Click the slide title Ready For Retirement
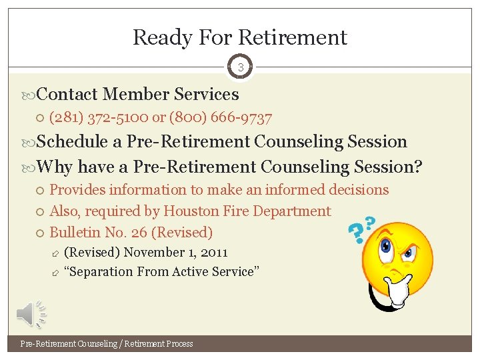pos(240,37)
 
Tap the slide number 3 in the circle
pos(240,67)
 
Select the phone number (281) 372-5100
pos(99,118)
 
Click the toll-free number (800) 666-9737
pos(221,118)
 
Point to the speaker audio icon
pos(31,314)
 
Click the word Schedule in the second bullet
pos(73,142)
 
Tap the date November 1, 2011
pos(175,253)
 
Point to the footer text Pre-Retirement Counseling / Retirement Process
pos(107,344)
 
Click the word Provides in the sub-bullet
pos(77,190)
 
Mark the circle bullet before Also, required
pos(41,212)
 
